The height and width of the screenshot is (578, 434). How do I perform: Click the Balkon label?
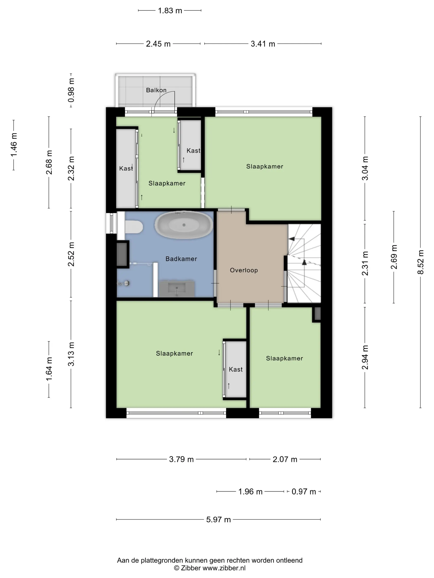(156, 90)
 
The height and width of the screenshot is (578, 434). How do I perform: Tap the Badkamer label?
(181, 259)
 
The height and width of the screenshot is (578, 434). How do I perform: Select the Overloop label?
(244, 270)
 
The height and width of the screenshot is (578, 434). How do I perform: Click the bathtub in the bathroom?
(184, 225)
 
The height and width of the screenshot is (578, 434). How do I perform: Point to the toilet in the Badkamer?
(134, 227)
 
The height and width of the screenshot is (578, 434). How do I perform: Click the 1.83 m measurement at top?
(170, 11)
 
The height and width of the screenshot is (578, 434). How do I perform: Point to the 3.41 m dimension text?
(263, 44)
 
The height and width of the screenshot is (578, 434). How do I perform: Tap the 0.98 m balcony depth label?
(71, 90)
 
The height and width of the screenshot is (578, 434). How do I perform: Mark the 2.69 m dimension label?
(394, 257)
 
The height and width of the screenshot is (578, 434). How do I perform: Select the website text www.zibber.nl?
(224, 568)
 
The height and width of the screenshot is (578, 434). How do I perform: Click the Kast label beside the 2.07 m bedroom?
(236, 369)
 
